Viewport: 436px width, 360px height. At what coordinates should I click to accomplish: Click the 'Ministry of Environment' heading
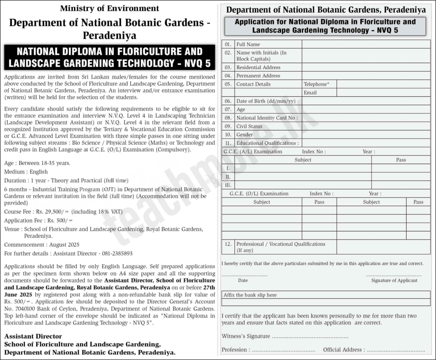coord(109,8)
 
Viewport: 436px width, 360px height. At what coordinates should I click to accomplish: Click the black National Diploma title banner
coord(109,58)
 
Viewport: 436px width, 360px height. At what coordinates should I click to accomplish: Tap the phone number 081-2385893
coord(117,253)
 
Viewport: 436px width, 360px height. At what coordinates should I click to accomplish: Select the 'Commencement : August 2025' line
coord(42,245)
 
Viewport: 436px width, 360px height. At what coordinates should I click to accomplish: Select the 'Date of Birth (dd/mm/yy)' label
coord(266,101)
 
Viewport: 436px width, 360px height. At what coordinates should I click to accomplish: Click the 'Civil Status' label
coord(250,126)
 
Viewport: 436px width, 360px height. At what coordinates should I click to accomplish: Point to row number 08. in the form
coord(228,118)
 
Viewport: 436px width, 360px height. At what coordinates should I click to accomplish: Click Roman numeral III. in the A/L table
coord(228,185)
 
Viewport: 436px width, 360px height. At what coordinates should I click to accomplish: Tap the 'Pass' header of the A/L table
coord(401,160)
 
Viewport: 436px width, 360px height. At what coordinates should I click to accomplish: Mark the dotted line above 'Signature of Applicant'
coord(394,275)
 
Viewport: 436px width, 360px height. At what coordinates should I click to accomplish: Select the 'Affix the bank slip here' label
coord(250,295)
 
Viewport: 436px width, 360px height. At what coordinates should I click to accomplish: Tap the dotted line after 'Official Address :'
coord(396,350)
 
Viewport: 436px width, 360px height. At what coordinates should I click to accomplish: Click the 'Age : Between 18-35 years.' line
coord(37,163)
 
